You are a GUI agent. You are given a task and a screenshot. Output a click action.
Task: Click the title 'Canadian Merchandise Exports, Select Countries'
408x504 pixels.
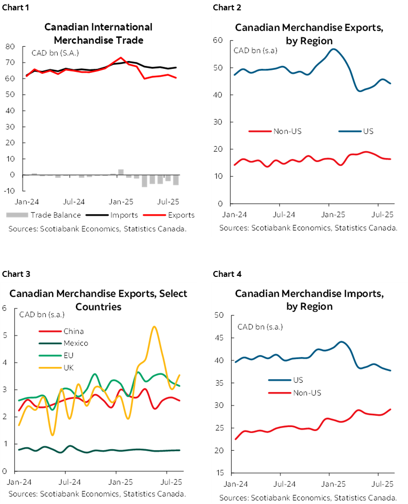point(99,300)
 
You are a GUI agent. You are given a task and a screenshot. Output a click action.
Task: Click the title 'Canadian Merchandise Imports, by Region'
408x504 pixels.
point(309,300)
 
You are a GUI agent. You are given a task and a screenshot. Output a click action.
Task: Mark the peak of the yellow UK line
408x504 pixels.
point(155,327)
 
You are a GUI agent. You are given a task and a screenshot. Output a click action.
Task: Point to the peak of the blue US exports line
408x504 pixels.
point(334,49)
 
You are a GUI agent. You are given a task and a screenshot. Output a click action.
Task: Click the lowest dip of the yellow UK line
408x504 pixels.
point(53,435)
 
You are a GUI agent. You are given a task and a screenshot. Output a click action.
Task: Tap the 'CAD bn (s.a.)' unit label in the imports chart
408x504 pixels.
point(260,327)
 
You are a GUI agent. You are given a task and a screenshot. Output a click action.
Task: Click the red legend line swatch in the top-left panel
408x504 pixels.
point(154,215)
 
